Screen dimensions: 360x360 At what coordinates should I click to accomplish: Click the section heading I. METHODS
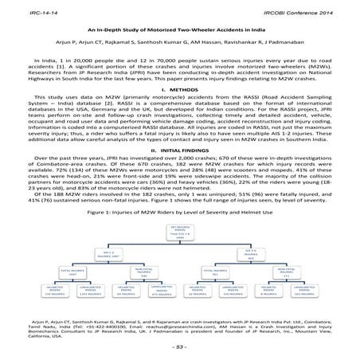[179, 90]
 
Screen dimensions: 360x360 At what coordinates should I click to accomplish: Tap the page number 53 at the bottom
[179, 348]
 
